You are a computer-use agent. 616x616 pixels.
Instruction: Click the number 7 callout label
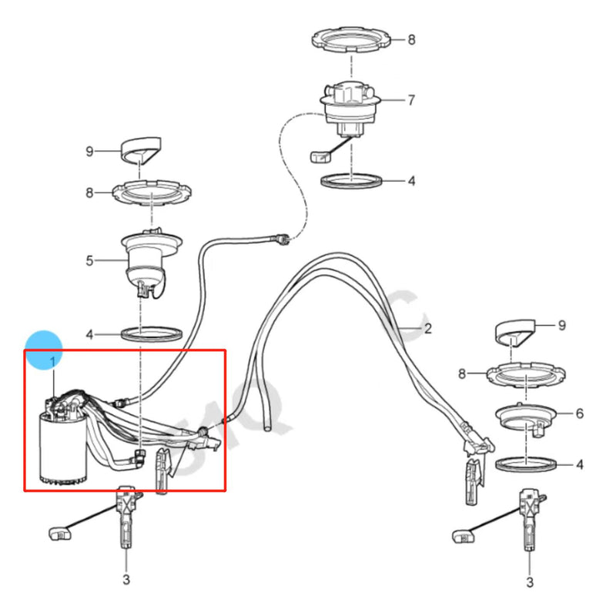(x=411, y=100)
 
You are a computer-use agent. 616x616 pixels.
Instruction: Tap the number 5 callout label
(x=90, y=261)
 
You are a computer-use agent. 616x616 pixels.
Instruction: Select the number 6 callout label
(x=579, y=413)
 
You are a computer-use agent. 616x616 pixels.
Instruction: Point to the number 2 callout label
(x=428, y=330)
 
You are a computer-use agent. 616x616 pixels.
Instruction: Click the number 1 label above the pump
(x=53, y=361)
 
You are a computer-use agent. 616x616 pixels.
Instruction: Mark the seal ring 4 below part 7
(x=353, y=182)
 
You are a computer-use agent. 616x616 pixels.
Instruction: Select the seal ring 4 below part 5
(x=152, y=335)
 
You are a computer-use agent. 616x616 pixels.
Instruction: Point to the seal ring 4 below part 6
(x=525, y=464)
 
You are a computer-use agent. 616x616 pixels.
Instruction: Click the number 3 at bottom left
(x=126, y=580)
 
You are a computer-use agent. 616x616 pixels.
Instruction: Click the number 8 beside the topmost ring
(x=411, y=39)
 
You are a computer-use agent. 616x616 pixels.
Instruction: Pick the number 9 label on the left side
(x=89, y=152)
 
